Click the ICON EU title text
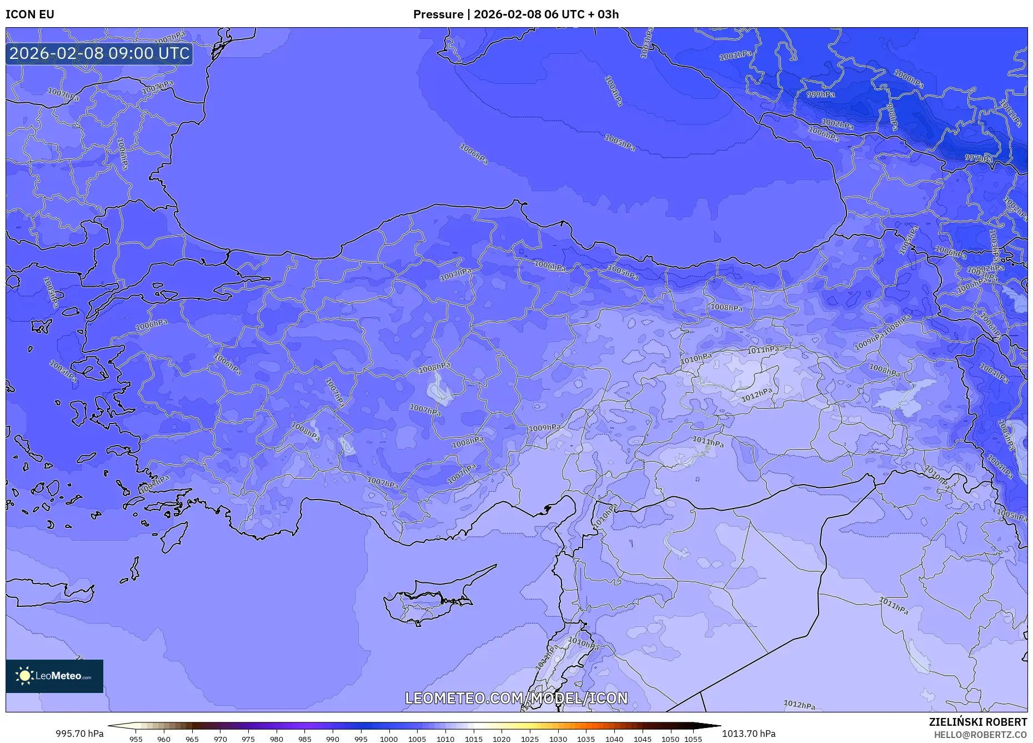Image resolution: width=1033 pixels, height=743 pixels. (x=30, y=14)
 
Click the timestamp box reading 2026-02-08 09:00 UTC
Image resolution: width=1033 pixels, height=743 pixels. (x=99, y=53)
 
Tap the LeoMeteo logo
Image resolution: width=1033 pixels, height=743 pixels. (x=54, y=676)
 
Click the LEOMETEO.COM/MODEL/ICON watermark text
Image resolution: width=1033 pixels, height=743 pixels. (x=516, y=698)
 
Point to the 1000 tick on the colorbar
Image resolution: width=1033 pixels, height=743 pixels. (x=389, y=739)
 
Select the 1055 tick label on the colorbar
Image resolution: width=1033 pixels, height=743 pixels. (x=693, y=739)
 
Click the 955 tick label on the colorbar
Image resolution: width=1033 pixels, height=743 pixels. (x=136, y=739)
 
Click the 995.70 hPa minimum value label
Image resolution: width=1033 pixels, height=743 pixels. (x=79, y=734)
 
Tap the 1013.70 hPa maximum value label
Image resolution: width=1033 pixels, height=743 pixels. (x=749, y=734)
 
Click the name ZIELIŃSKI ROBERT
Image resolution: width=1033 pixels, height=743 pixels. (x=977, y=722)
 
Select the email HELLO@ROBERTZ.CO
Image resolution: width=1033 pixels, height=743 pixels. (x=980, y=735)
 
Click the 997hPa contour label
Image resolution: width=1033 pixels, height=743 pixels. (x=979, y=158)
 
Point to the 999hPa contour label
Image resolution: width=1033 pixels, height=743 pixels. (x=821, y=94)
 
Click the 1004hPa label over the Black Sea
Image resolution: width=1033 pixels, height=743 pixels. (x=613, y=91)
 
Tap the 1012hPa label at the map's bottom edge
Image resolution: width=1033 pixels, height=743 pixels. (x=799, y=705)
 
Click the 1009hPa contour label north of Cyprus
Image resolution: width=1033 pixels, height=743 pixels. (x=544, y=428)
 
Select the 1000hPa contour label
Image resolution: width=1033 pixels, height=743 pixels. (x=909, y=79)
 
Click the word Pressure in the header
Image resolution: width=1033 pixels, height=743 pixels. (x=438, y=14)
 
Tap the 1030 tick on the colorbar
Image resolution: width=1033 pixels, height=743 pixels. (x=558, y=739)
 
